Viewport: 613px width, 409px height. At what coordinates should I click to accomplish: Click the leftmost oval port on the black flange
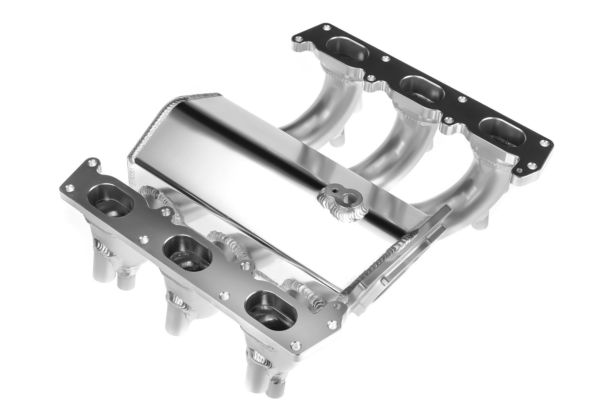pyautogui.click(x=348, y=51)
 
